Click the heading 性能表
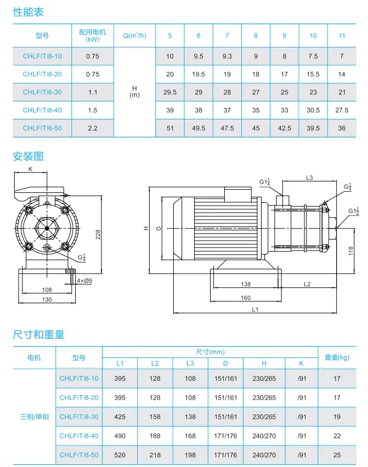[x=28, y=12]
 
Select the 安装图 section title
[x=28, y=157]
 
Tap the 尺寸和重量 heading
[x=38, y=334]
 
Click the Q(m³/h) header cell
[x=134, y=36]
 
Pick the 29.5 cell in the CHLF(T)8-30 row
[x=170, y=93]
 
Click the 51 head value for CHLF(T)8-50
[x=170, y=128]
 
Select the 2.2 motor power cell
[x=93, y=128]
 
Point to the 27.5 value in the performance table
[x=342, y=110]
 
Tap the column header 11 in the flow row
[x=342, y=36]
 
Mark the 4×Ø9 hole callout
[x=84, y=281]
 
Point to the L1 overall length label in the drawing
[x=255, y=310]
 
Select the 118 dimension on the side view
[x=350, y=251]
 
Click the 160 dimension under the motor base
[x=245, y=298]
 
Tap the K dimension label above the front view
[x=30, y=169]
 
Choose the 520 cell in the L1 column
[x=120, y=455]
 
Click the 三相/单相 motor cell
[x=34, y=417]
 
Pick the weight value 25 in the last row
[x=337, y=455]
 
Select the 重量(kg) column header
[x=337, y=357]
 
